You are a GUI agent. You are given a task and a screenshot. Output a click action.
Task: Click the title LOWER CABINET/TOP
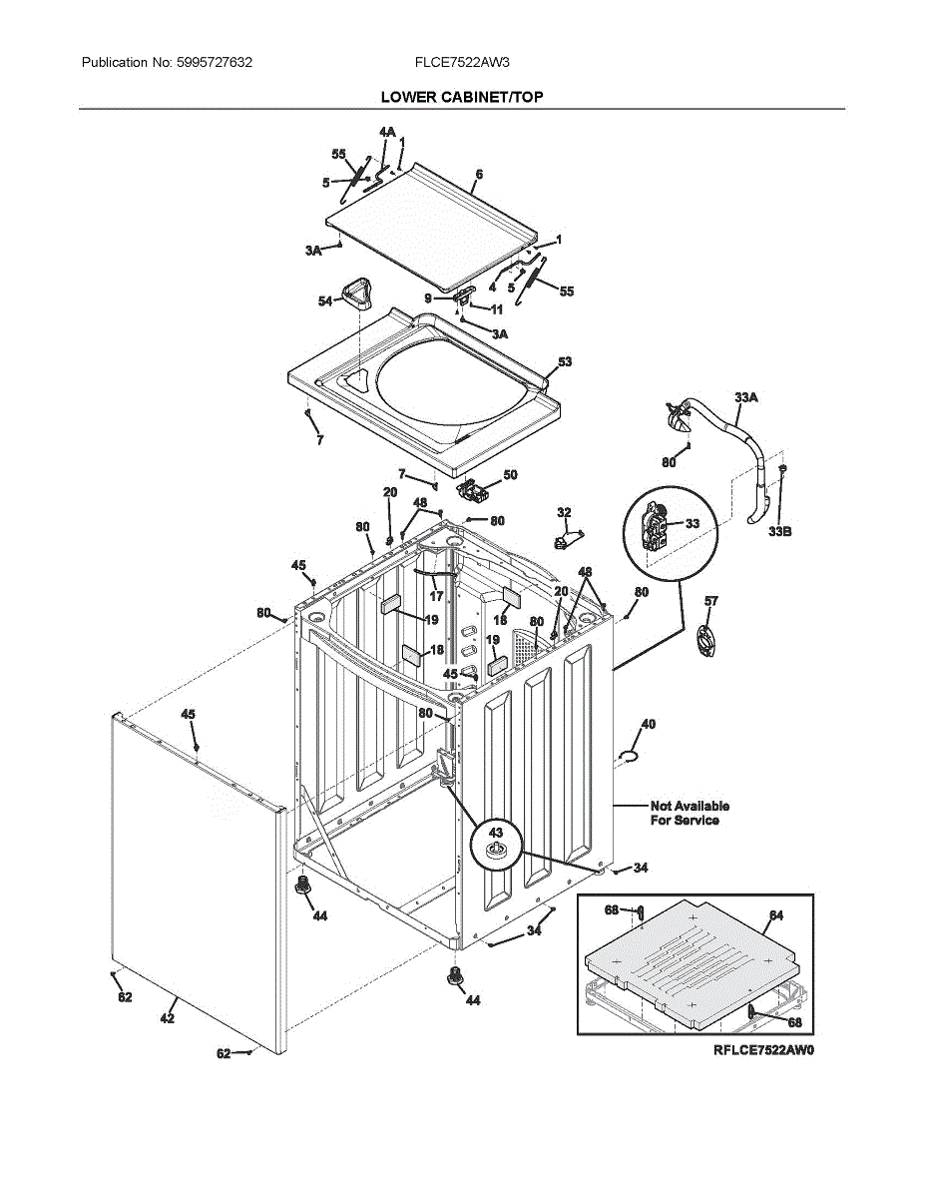point(462,97)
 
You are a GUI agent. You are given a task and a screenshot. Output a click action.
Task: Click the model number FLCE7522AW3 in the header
point(462,63)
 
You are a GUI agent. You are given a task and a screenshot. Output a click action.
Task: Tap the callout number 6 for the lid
point(479,175)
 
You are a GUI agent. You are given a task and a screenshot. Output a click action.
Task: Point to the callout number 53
point(565,361)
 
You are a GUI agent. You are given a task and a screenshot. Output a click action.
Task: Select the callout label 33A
point(745,397)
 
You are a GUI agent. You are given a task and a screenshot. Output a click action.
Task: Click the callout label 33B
point(779,532)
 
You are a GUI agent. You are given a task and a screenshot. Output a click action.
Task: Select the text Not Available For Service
point(690,813)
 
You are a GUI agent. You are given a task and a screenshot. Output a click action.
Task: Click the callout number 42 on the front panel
point(168,1018)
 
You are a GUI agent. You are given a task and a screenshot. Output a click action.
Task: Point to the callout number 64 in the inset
point(776,915)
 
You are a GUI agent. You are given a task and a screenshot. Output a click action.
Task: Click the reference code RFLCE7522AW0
point(763,1050)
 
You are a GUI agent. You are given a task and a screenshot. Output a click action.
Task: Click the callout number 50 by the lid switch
point(510,475)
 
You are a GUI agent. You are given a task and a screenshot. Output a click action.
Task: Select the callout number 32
point(564,512)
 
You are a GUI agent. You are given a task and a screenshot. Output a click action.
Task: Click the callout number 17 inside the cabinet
point(436,596)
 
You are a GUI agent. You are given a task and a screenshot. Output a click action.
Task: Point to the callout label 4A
point(387,132)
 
